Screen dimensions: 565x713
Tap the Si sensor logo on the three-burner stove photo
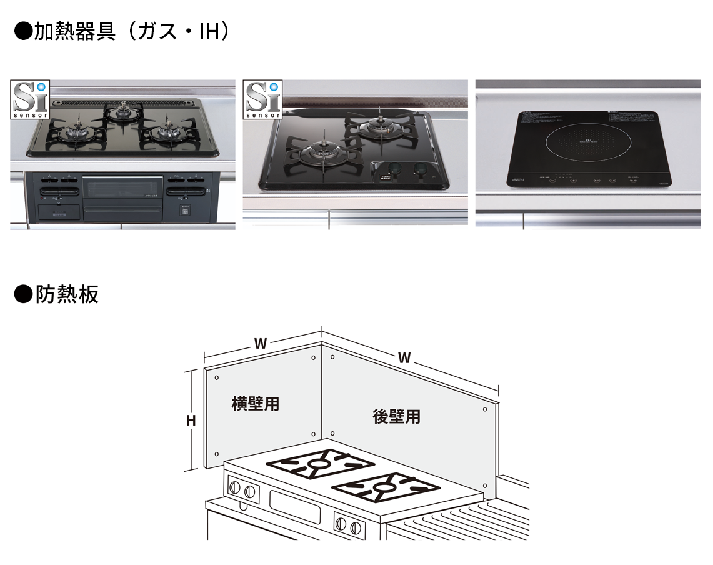[30, 99]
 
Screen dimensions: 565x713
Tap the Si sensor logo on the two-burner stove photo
[264, 99]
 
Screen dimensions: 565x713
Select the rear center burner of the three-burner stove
[122, 112]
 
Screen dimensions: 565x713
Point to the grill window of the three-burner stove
[122, 186]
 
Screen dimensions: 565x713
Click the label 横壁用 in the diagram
[255, 404]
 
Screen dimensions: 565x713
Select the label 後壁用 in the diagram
[397, 416]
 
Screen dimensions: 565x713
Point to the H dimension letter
[191, 421]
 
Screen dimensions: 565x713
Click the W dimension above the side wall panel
[261, 343]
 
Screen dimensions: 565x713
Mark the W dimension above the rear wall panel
[404, 357]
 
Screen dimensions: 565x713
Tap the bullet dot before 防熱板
[23, 295]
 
